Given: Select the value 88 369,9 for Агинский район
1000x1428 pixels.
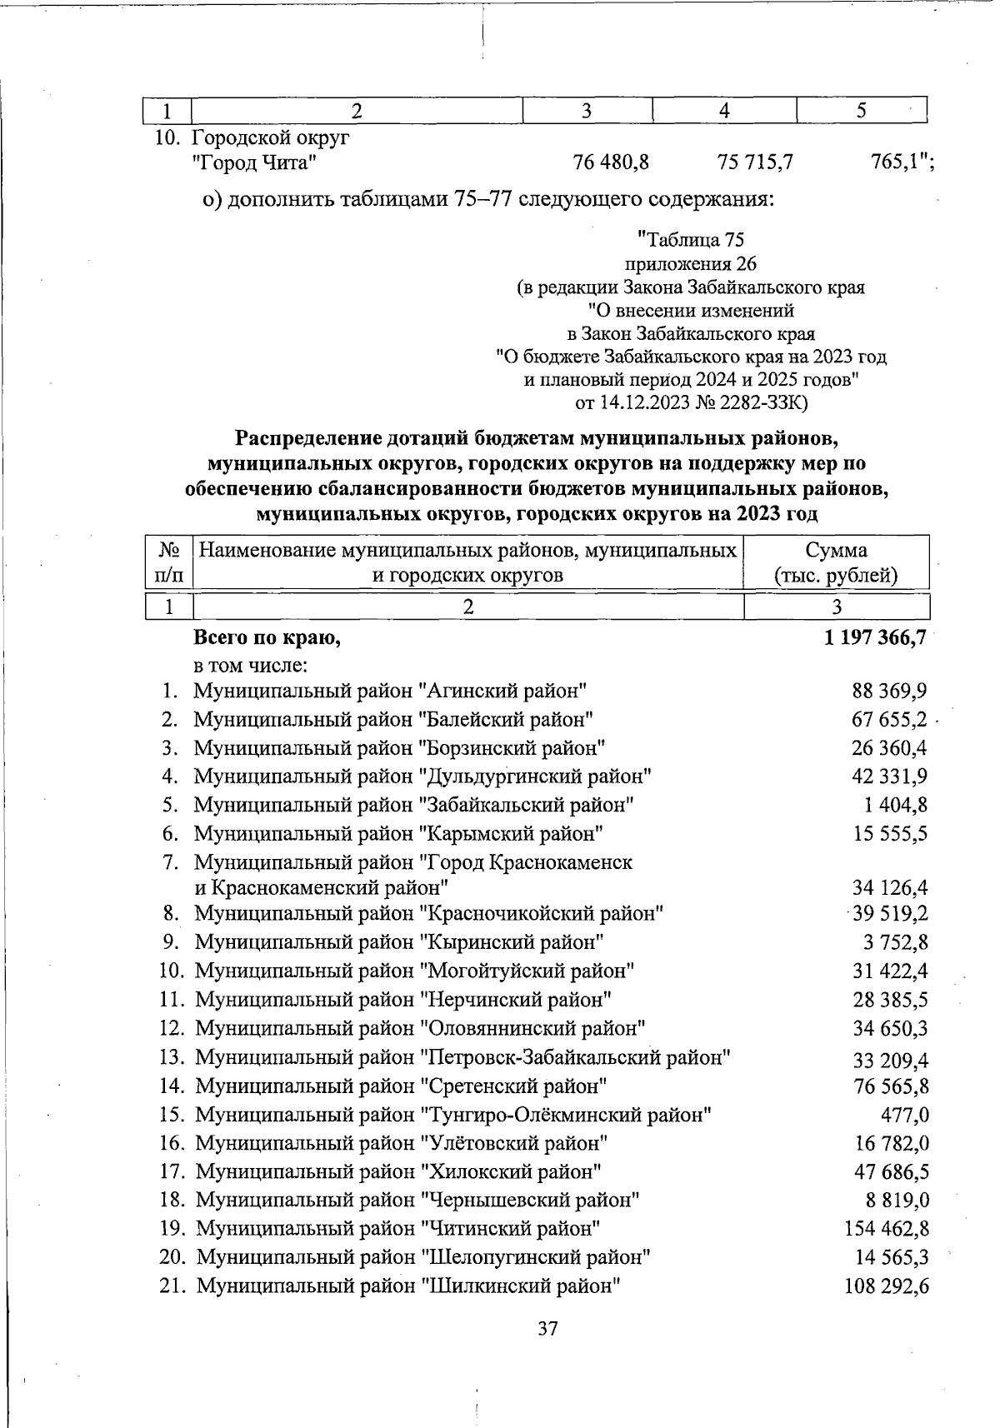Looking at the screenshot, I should (x=889, y=691).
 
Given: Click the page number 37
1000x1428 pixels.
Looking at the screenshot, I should (x=547, y=1328).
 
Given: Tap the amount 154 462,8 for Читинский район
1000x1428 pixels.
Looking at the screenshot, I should (x=887, y=1228).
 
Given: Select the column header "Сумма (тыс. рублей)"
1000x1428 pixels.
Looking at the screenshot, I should (x=836, y=562).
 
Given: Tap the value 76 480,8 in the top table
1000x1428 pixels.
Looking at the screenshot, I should (x=611, y=162).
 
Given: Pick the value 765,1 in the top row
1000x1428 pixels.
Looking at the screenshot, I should (x=900, y=162).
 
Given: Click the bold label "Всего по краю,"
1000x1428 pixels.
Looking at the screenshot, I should (x=267, y=638).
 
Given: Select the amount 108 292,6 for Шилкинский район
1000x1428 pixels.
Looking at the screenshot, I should (x=887, y=1286).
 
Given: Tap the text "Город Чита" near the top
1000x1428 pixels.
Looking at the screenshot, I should (x=254, y=162).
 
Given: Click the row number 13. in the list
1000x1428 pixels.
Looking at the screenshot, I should (x=171, y=1057).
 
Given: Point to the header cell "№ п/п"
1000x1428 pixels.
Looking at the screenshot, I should (x=169, y=562).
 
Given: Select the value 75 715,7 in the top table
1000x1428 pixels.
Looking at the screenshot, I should (x=754, y=162).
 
